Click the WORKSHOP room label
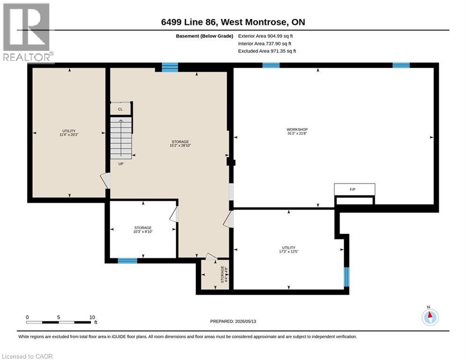tap(297, 129)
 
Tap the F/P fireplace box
tap(354, 189)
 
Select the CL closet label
tap(120, 109)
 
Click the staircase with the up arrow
tap(121, 138)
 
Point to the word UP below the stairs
tap(120, 164)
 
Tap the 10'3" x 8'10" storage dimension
tap(143, 232)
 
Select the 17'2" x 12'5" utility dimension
tap(289, 252)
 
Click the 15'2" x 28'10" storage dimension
tap(180, 146)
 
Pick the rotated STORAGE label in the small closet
tap(222, 274)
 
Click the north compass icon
tap(430, 317)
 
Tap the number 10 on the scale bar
tap(92, 317)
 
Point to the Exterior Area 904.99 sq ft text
tap(265, 36)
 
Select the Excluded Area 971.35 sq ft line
tap(267, 51)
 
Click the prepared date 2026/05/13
tap(246, 322)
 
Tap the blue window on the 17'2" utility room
tap(346, 277)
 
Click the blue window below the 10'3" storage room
tap(128, 261)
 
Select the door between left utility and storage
tap(106, 181)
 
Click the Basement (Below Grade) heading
tap(204, 36)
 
